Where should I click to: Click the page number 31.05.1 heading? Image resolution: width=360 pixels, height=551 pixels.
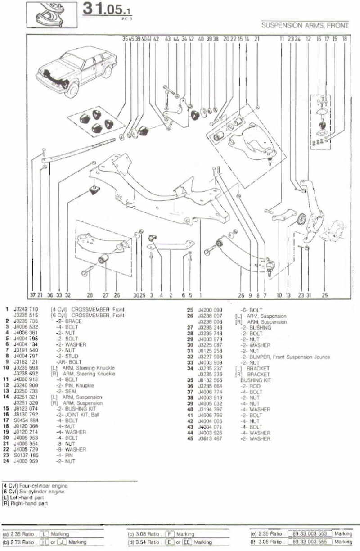[x=108, y=10]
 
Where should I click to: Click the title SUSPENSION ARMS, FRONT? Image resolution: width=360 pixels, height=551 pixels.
[x=305, y=26]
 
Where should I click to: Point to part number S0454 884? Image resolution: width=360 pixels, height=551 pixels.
[x=26, y=420]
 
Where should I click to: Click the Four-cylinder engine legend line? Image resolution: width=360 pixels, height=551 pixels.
[x=36, y=486]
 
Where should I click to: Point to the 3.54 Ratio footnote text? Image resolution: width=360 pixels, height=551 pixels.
[x=147, y=542]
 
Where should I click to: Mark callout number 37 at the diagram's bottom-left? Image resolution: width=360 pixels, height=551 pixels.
[x=33, y=296]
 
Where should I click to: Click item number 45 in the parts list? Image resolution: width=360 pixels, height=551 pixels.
[x=189, y=439]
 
